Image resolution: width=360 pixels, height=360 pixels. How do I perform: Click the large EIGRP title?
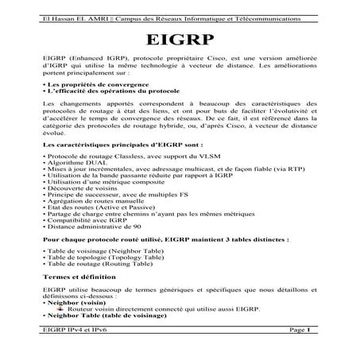pyautogui.click(x=180, y=42)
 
